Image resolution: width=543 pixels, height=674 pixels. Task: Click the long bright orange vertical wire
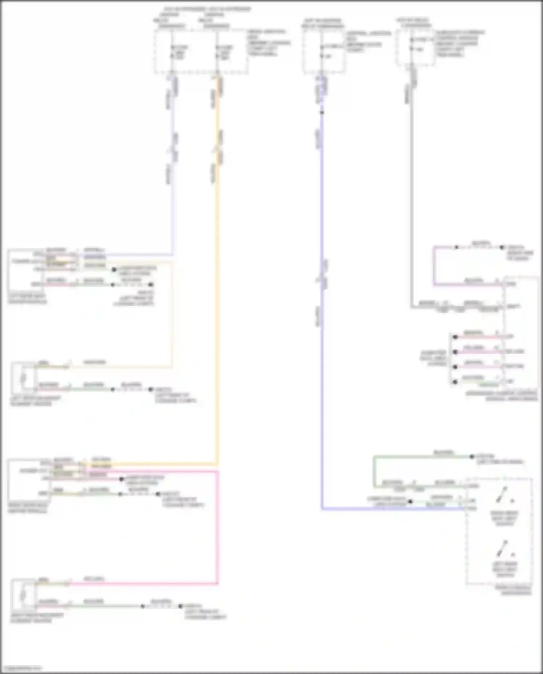217,290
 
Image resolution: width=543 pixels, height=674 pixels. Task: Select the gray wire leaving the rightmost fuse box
411,199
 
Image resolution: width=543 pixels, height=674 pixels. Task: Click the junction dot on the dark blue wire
322,113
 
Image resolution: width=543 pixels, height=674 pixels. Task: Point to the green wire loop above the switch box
374,471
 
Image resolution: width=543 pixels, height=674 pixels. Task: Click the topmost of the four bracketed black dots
455,337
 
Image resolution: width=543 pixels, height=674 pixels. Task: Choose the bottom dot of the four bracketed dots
455,382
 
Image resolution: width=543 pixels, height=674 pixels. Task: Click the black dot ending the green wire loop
472,457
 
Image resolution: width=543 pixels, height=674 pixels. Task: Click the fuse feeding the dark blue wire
321,51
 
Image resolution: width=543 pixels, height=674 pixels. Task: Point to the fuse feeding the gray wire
411,44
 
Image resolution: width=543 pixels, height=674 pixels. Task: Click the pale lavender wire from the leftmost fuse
172,163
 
